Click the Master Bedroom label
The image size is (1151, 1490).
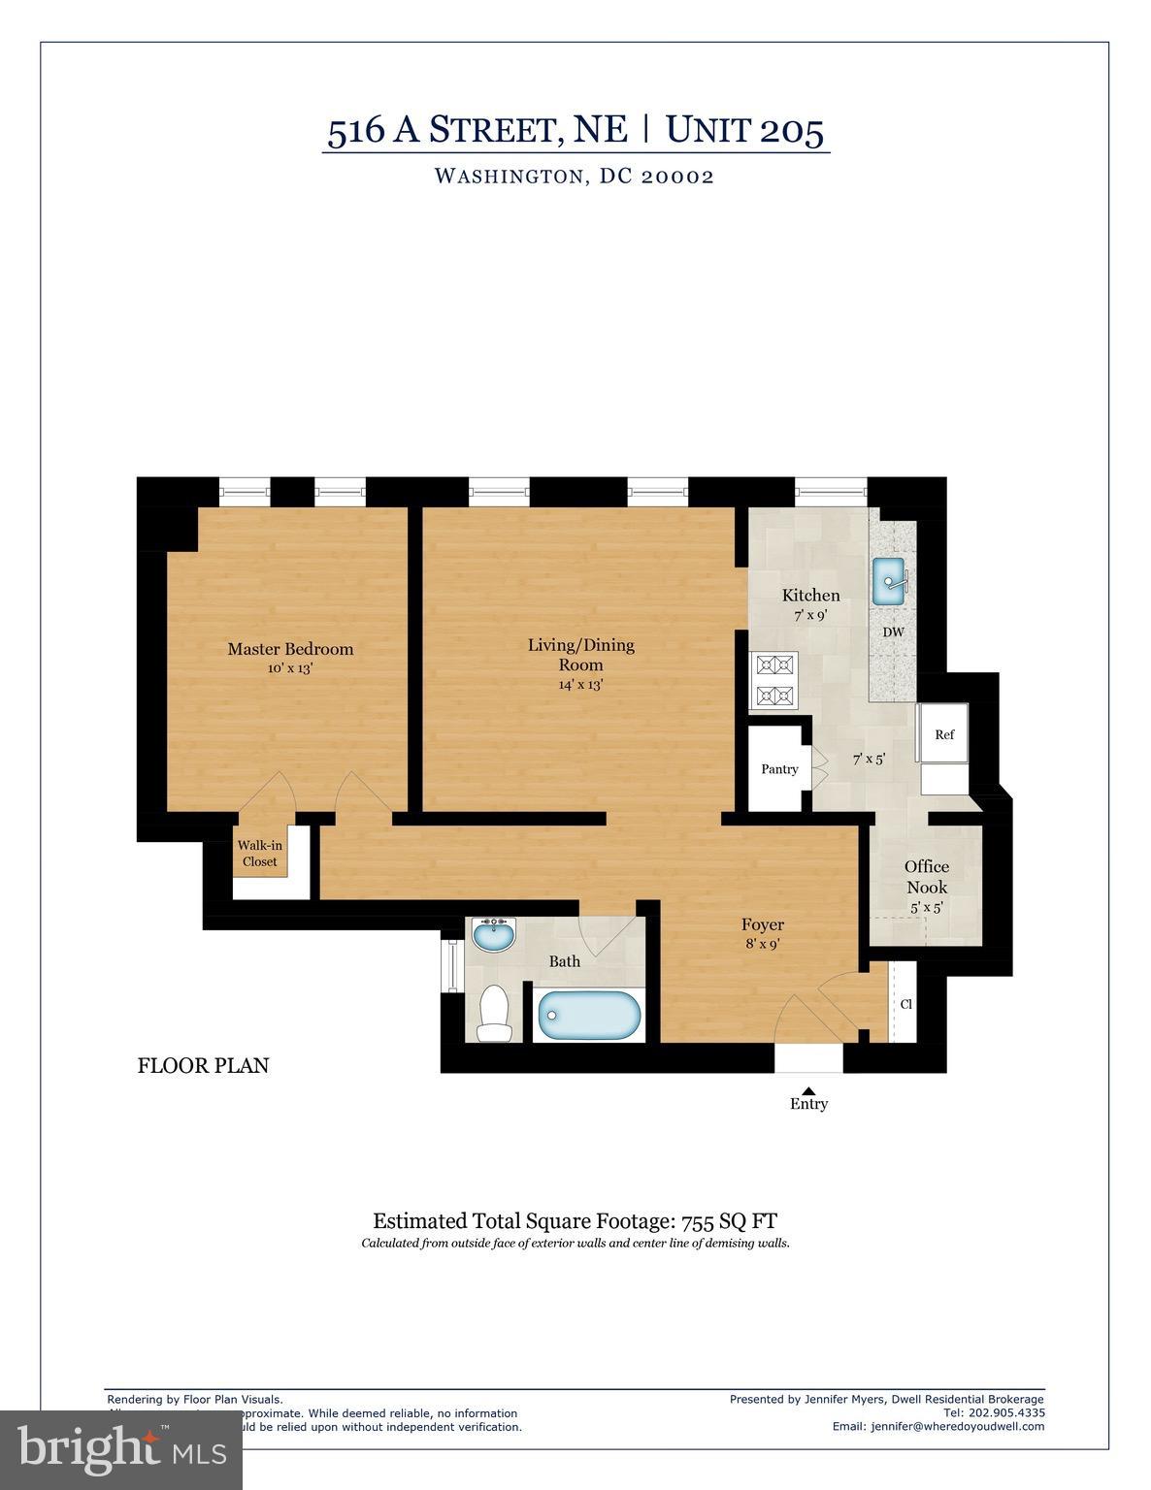click(x=290, y=649)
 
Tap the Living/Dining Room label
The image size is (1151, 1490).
click(x=580, y=655)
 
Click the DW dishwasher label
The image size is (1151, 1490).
click(x=893, y=632)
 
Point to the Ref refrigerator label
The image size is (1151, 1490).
click(x=944, y=734)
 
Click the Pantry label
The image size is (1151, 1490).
click(x=779, y=769)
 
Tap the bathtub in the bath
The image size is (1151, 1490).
click(x=589, y=1016)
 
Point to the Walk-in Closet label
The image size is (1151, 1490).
click(x=259, y=854)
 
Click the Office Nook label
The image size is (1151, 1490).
click(x=927, y=877)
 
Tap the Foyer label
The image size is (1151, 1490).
click(x=762, y=924)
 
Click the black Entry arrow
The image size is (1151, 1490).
click(x=808, y=1090)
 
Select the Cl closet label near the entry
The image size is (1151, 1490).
click(x=905, y=1004)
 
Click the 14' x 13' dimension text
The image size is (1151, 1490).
click(x=580, y=685)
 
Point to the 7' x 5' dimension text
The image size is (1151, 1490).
click(x=869, y=760)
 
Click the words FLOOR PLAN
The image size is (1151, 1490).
click(x=203, y=1066)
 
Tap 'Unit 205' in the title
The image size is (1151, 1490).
click(x=744, y=130)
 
